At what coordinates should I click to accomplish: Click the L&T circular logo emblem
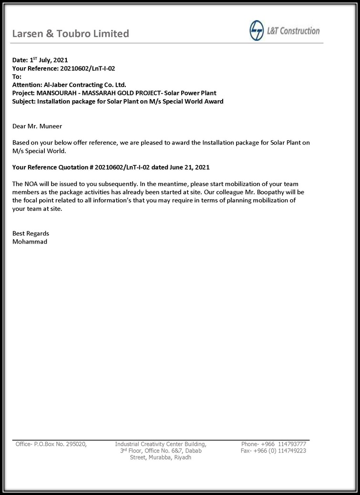[257, 31]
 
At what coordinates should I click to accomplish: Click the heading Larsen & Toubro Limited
[70, 33]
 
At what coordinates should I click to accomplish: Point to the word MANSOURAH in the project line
[57, 93]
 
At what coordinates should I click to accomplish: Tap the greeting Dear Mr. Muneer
[37, 126]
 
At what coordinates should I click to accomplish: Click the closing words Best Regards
[31, 233]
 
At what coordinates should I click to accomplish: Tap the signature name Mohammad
[30, 241]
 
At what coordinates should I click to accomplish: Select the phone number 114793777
[292, 444]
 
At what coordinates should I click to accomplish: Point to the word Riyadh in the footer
[183, 457]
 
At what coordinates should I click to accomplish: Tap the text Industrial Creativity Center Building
[161, 444]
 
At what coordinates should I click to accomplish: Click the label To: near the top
[17, 76]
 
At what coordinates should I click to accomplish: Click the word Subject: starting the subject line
[24, 101]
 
